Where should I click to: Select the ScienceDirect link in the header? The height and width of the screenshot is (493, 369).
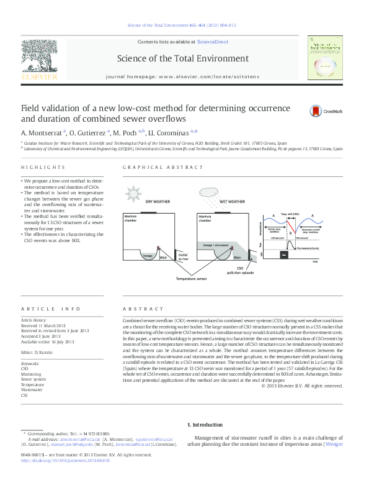click(212, 42)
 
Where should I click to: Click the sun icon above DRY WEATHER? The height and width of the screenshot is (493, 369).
click(135, 192)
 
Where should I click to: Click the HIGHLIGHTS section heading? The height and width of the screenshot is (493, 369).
click(43, 168)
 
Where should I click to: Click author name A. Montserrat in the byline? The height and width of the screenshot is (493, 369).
click(42, 132)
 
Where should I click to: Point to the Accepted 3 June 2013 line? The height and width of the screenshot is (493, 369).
click(44, 335)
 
